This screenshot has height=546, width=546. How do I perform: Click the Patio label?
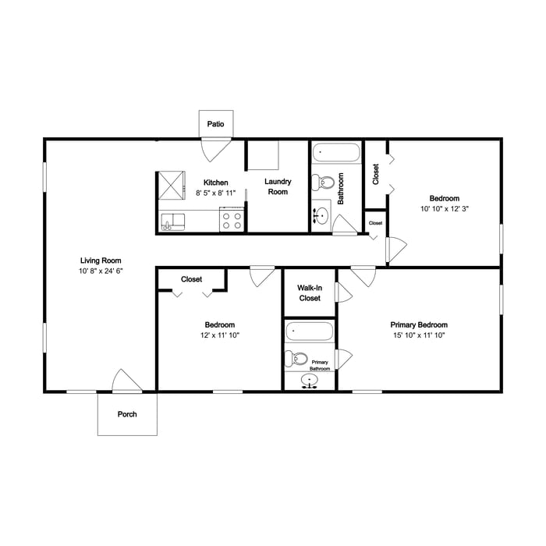[215, 124]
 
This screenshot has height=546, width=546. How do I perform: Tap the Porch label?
[127, 414]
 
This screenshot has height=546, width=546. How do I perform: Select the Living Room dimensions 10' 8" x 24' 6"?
[101, 271]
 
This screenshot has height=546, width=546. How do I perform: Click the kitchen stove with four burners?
[232, 219]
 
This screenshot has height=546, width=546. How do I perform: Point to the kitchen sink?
[172, 222]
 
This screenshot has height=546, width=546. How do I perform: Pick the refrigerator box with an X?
[172, 186]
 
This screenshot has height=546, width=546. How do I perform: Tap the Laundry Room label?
[278, 186]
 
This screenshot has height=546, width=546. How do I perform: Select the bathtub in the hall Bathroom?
[335, 153]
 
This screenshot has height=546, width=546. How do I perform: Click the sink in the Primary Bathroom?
[309, 381]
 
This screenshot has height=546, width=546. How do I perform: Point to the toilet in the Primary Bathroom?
[296, 358]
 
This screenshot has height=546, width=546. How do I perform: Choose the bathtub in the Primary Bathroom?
[309, 331]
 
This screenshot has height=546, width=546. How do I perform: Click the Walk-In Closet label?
[310, 292]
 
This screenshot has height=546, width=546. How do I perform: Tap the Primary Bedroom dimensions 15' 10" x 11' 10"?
[420, 335]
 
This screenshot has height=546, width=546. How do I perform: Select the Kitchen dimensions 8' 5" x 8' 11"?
[215, 193]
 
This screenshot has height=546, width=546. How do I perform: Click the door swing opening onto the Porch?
[126, 381]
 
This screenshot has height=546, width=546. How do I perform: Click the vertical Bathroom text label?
[341, 189]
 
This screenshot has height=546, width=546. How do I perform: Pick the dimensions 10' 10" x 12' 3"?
[445, 208]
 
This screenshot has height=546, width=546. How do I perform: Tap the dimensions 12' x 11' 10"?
[220, 335]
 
